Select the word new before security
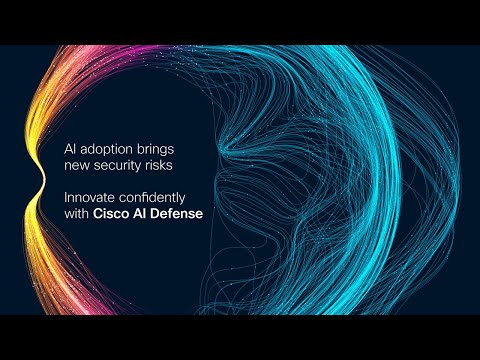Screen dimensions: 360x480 point(76,164)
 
